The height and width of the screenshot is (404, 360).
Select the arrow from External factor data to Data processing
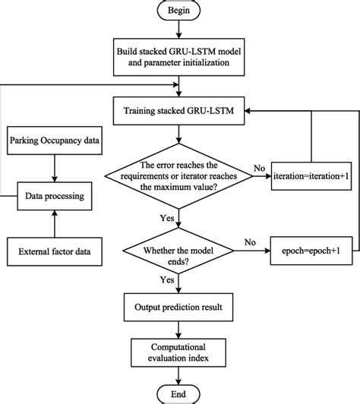(x=54, y=223)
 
